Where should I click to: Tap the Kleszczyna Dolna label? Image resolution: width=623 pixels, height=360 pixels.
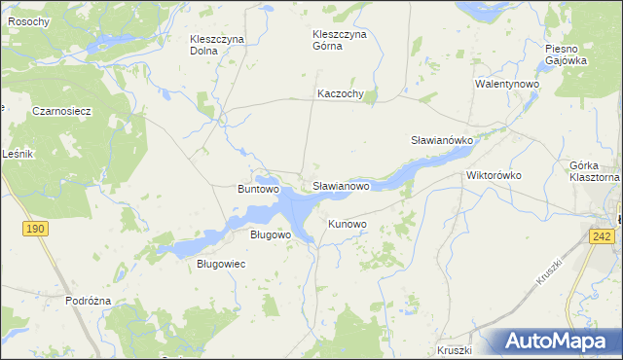(x=216, y=45)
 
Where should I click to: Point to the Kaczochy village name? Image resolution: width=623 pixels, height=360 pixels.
(x=340, y=94)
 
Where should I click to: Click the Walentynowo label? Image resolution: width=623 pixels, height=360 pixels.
(x=507, y=85)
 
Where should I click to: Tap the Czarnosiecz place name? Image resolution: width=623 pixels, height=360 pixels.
(x=61, y=111)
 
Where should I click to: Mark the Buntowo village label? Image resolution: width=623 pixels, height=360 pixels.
(x=259, y=189)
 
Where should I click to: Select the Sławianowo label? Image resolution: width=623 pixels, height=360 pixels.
(x=341, y=185)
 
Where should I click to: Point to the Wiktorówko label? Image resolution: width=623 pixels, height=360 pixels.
(x=495, y=176)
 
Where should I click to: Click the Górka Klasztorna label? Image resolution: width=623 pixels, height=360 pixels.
(x=594, y=172)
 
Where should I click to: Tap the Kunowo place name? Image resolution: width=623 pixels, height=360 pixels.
(x=348, y=225)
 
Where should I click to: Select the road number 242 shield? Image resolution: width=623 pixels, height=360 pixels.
(x=601, y=236)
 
